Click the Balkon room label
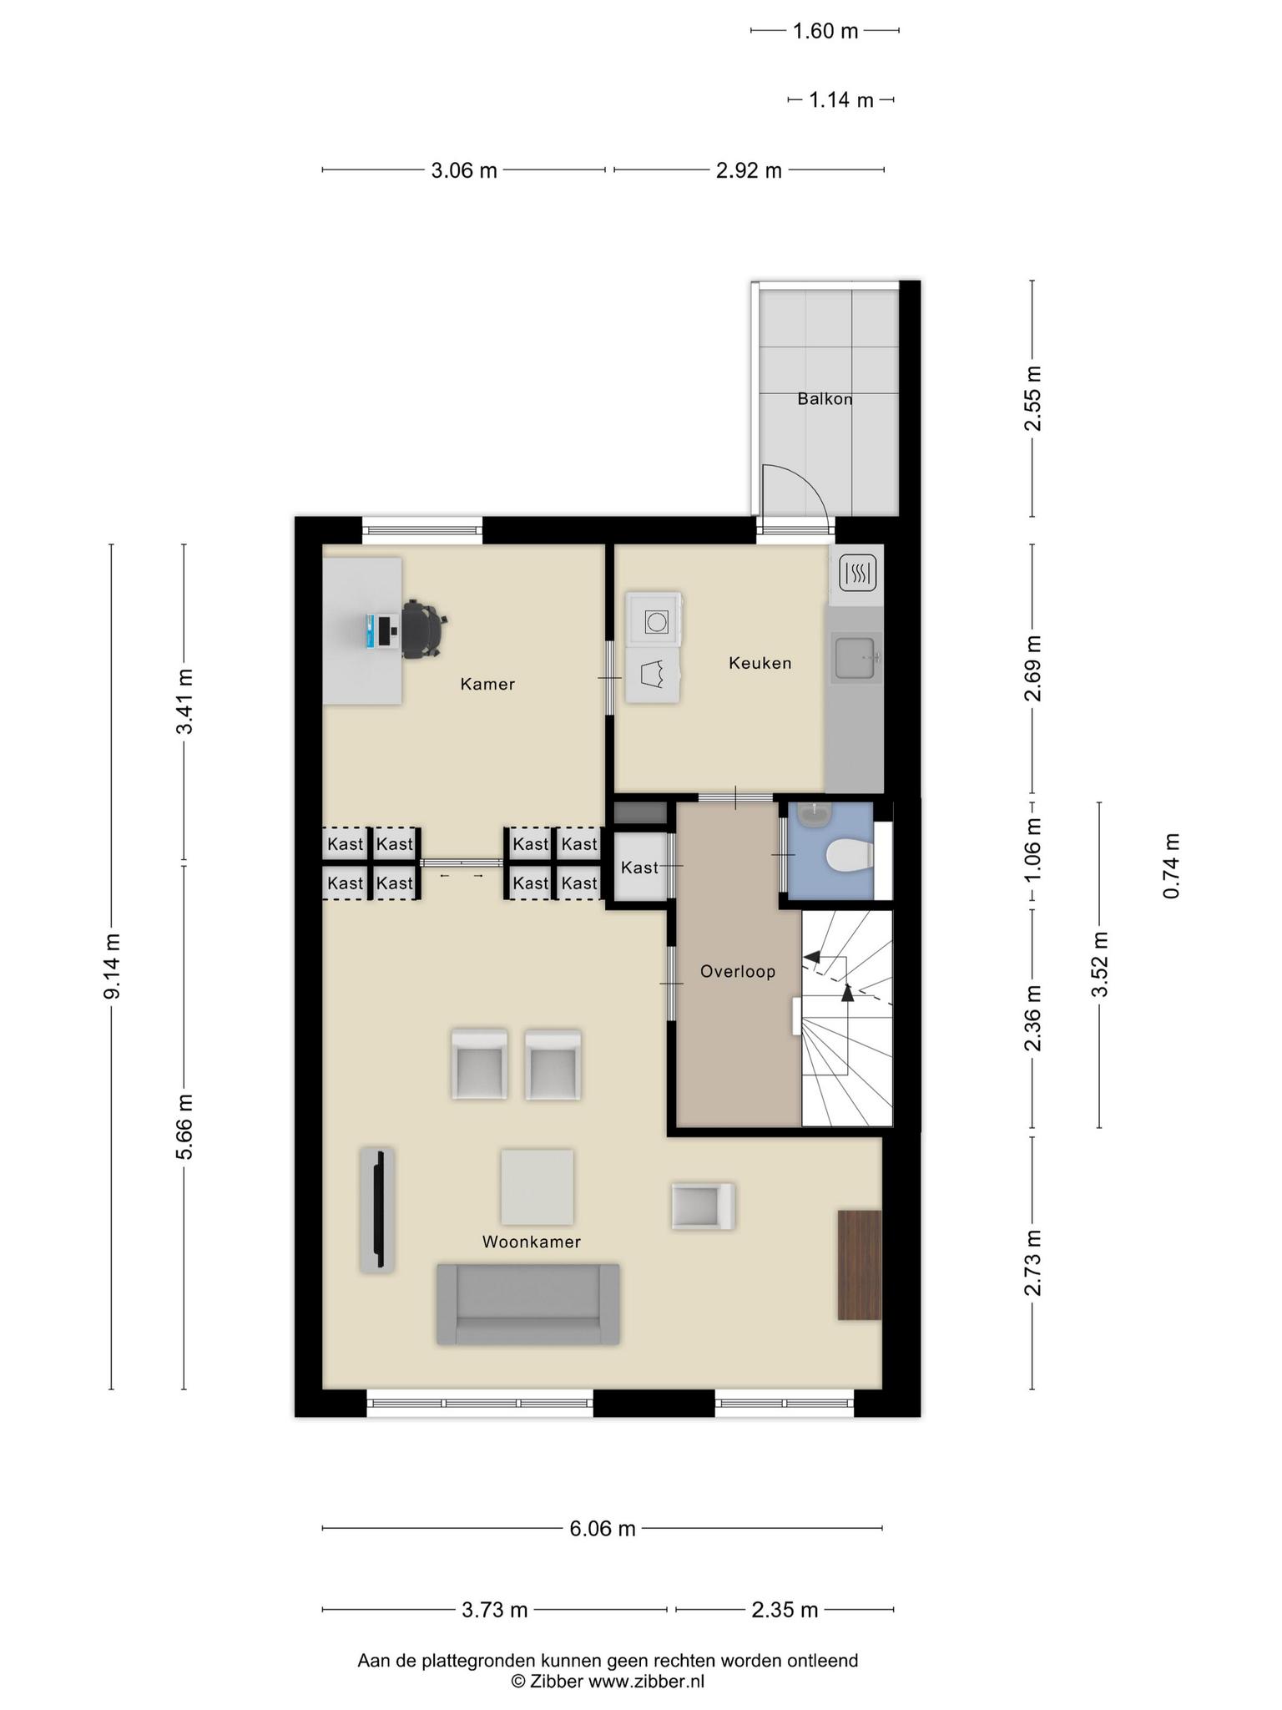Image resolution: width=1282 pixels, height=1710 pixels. [x=825, y=399]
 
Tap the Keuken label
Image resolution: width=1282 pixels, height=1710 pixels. [x=760, y=663]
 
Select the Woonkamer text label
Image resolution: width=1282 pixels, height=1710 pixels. [x=531, y=1242]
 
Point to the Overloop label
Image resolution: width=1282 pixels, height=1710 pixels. [x=738, y=971]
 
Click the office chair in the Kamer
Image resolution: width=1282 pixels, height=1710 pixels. [x=424, y=629]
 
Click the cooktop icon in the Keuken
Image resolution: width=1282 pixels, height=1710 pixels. [x=857, y=574]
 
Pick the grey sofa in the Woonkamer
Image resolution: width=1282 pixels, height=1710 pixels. [x=527, y=1304]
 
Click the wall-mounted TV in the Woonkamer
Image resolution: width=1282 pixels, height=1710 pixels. [x=378, y=1209]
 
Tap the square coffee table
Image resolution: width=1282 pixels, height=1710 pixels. [x=538, y=1186]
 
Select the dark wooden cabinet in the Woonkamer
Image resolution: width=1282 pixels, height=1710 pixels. [x=860, y=1265]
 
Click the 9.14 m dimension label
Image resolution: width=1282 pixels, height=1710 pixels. [x=112, y=966]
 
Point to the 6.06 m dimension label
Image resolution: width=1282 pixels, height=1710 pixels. [x=603, y=1529]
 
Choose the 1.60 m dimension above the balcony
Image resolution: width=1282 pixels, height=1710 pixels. [x=825, y=32]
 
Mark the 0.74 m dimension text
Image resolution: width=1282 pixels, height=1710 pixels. [x=1172, y=866]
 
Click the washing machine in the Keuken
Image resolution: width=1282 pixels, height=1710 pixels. [x=654, y=620]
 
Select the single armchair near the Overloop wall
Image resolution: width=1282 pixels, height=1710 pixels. [x=703, y=1206]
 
